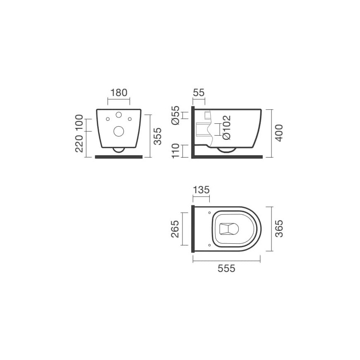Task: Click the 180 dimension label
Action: pos(119,93)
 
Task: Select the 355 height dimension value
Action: pos(158,137)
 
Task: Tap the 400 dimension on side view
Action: pos(279,133)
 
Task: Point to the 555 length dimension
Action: pos(226,269)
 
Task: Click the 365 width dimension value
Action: pos(279,228)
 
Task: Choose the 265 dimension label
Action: pos(175,229)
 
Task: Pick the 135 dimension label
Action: pos(201,190)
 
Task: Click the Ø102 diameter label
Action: pos(227,127)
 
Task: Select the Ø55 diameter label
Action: pos(175,115)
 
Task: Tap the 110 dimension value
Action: pos(175,151)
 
